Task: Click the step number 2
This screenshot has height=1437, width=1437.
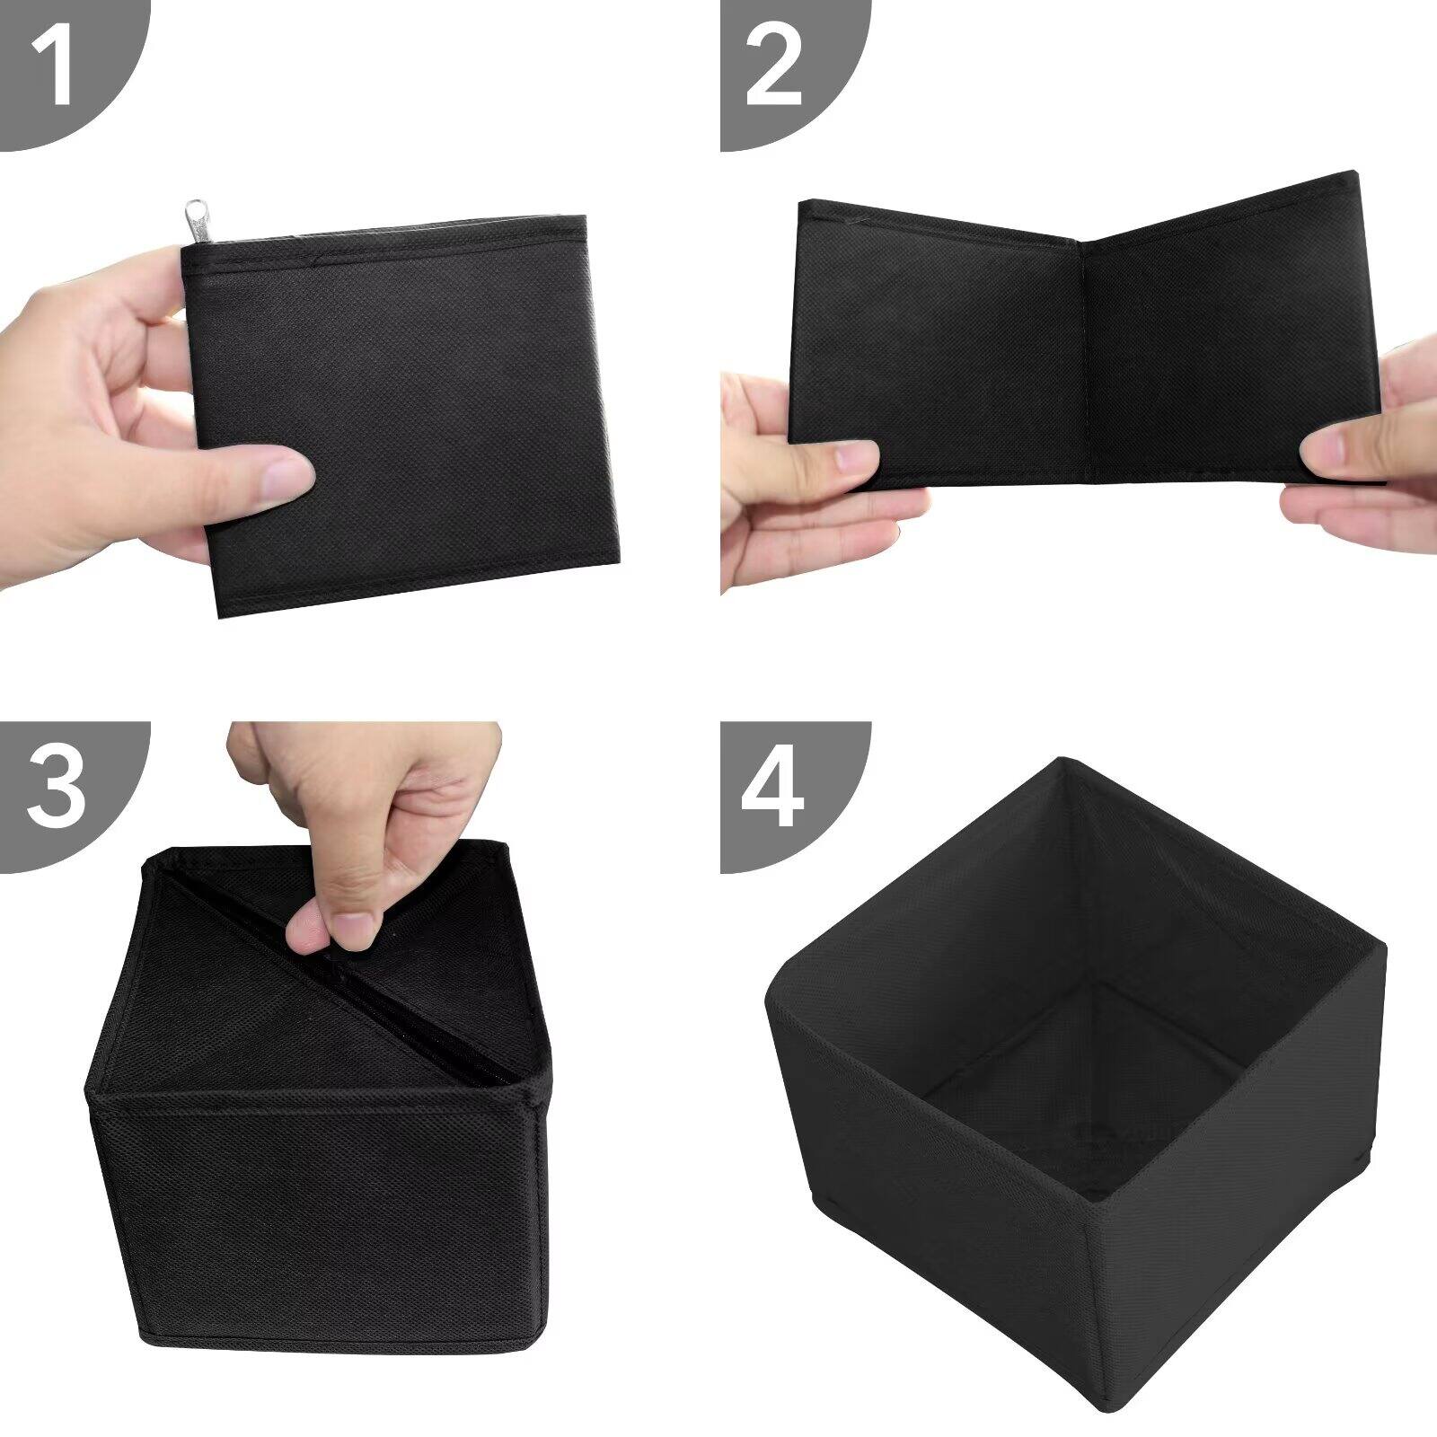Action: click(x=773, y=65)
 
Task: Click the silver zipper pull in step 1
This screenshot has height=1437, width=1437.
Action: click(x=195, y=221)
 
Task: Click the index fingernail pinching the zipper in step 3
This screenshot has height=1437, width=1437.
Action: click(x=357, y=927)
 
